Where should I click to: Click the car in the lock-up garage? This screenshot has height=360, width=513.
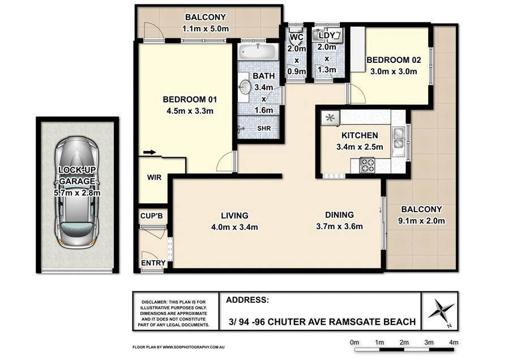pyautogui.click(x=77, y=192)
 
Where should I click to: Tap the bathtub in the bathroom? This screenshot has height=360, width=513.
pyautogui.click(x=258, y=52)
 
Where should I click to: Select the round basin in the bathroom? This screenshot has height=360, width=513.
pyautogui.click(x=244, y=87)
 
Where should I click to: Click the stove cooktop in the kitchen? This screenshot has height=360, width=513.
pyautogui.click(x=367, y=165)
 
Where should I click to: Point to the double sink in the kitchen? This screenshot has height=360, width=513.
pyautogui.click(x=399, y=139)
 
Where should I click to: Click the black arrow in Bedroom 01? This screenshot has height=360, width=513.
pyautogui.click(x=149, y=152)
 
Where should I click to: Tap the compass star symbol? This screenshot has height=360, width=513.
pyautogui.click(x=441, y=311)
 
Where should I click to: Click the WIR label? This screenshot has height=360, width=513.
pyautogui.click(x=154, y=178)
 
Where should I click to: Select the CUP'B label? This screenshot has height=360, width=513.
pyautogui.click(x=152, y=216)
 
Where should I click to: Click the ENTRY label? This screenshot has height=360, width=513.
pyautogui.click(x=153, y=263)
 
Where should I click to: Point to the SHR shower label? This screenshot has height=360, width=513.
pyautogui.click(x=264, y=128)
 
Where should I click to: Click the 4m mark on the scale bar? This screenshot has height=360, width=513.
pyautogui.click(x=454, y=342)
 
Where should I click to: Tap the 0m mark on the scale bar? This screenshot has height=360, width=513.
pyautogui.click(x=354, y=342)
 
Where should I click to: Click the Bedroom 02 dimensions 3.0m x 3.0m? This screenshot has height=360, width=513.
pyautogui.click(x=394, y=71)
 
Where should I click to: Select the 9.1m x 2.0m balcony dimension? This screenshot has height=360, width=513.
pyautogui.click(x=421, y=221)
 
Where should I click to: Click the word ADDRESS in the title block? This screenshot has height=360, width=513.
pyautogui.click(x=247, y=300)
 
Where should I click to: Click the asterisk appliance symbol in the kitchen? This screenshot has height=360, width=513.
pyautogui.click(x=330, y=118)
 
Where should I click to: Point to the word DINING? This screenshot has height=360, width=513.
pyautogui.click(x=339, y=215)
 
